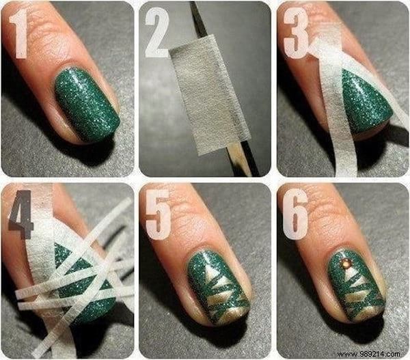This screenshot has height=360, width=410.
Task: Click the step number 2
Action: pos(156,36)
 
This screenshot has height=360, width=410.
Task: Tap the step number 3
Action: pos(296,36)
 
